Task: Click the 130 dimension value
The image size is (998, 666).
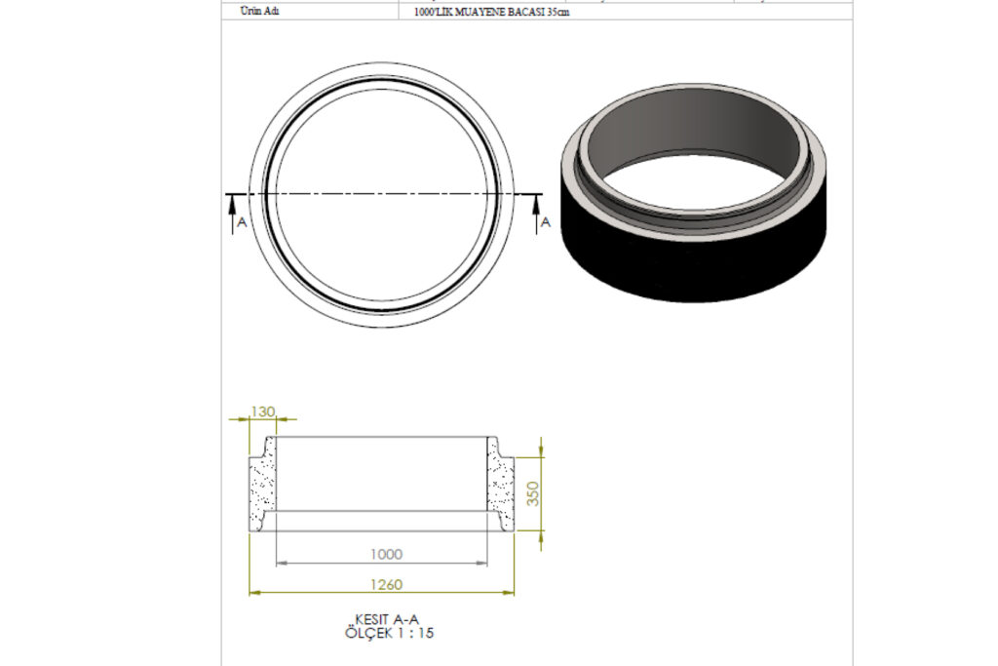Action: tap(262, 411)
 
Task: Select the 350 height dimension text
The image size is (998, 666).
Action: tap(533, 493)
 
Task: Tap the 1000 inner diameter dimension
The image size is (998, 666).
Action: tap(386, 555)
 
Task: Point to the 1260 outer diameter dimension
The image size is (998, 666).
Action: tap(386, 584)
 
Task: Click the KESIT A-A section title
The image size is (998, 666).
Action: tap(386, 619)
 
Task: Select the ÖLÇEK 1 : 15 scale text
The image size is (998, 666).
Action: tap(389, 633)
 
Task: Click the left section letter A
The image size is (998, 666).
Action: tap(242, 222)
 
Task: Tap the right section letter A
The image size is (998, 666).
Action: tap(546, 222)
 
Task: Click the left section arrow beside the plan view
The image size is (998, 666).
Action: tap(232, 215)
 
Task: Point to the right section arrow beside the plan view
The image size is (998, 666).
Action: tap(536, 215)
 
